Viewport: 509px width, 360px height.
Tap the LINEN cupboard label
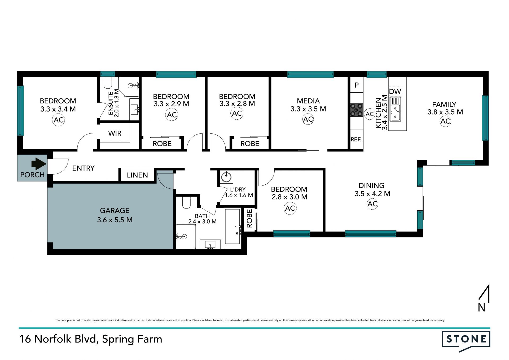137,175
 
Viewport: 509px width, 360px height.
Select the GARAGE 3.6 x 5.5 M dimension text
115,220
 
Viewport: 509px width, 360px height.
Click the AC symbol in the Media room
308,119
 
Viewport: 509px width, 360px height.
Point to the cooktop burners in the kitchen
357,110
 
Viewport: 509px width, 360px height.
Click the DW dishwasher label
395,92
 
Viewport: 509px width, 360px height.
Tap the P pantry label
357,85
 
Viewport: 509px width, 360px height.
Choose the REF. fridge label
356,140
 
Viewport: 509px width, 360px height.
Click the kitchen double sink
395,113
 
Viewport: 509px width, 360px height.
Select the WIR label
115,133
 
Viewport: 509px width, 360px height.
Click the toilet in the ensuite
108,83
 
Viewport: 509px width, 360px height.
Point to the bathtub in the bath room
232,226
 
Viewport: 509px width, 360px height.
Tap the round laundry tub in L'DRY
226,176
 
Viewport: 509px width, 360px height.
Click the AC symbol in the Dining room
372,204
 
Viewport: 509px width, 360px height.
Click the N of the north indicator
481,307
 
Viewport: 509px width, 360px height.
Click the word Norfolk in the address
53,339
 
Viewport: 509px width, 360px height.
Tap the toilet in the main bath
186,202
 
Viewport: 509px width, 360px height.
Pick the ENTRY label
83,168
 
